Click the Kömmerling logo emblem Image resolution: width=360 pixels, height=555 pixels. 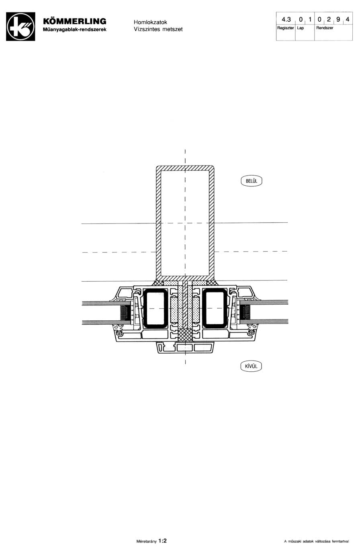pyautogui.click(x=20, y=27)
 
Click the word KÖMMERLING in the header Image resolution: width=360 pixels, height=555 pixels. pyautogui.click(x=75, y=21)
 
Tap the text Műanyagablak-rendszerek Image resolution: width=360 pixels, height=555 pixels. pyautogui.click(x=75, y=30)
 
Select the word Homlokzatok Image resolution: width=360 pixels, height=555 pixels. pyautogui.click(x=150, y=22)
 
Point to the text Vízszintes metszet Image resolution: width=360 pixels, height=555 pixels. pyautogui.click(x=158, y=29)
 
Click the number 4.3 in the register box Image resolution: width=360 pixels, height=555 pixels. pyautogui.click(x=286, y=19)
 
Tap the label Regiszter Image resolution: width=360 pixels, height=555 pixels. pyautogui.click(x=285, y=28)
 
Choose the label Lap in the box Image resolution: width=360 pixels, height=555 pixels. pyautogui.click(x=300, y=28)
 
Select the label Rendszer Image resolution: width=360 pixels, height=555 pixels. pyautogui.click(x=325, y=28)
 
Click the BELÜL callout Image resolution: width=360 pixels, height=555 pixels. pyautogui.click(x=251, y=181)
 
